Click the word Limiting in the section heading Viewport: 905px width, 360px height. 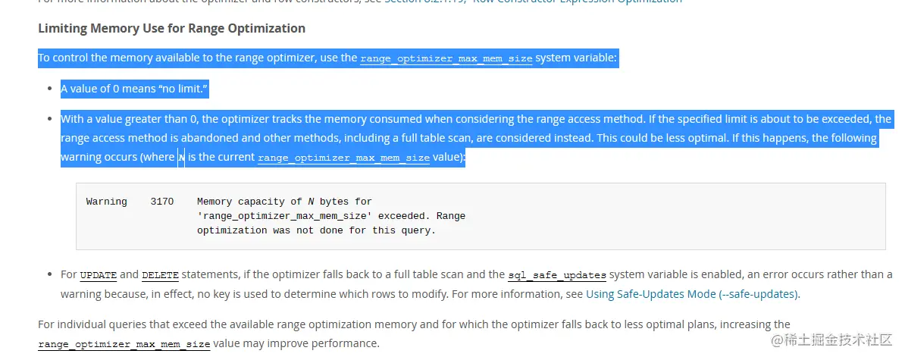(x=62, y=29)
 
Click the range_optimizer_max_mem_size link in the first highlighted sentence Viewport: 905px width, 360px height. (x=446, y=58)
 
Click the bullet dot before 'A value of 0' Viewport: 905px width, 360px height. (x=50, y=89)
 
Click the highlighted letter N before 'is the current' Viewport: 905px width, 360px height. (x=181, y=158)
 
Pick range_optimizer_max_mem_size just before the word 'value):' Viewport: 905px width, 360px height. (x=343, y=158)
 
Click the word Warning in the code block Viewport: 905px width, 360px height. (x=106, y=202)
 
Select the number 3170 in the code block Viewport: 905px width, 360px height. (x=162, y=202)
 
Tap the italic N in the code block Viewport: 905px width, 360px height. (x=311, y=202)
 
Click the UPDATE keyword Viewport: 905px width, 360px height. (x=98, y=275)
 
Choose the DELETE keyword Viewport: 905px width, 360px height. (x=159, y=275)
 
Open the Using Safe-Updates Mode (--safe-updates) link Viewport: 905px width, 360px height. (x=692, y=293)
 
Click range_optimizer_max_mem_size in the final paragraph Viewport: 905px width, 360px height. (x=124, y=344)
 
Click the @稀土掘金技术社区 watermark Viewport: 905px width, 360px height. (x=832, y=340)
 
